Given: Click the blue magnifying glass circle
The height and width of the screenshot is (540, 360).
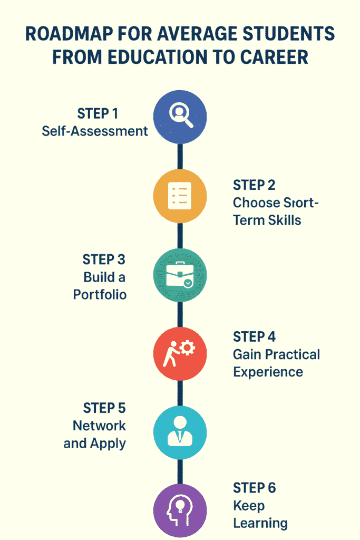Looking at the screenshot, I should tap(180, 117).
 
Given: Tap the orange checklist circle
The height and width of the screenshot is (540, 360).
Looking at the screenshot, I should tap(180, 196).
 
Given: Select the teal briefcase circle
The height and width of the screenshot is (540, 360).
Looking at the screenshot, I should tap(180, 275).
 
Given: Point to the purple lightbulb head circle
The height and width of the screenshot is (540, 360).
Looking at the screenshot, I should tap(180, 509).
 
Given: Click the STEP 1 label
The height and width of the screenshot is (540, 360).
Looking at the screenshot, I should tap(99, 113).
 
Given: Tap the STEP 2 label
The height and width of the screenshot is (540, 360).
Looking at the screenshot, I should tap(255, 185).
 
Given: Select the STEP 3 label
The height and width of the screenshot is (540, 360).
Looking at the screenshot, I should tap(104, 259).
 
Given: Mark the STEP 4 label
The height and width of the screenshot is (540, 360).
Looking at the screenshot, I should tap(255, 336).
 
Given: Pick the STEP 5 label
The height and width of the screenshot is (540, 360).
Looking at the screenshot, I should tap(104, 408).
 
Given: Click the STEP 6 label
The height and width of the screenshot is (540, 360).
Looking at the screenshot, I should tap(255, 488).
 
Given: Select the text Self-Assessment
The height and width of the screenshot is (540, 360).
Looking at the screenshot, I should tap(95, 131).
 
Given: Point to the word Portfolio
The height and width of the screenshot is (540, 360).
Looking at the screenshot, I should tap(100, 294).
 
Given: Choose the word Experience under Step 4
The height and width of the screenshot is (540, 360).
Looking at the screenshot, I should tap(268, 372).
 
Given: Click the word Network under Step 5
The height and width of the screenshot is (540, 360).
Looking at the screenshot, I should tap(100, 426).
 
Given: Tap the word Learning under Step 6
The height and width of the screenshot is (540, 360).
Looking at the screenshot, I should tap(260, 524).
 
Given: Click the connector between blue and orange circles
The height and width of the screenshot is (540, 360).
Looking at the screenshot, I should tap(180, 156).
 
